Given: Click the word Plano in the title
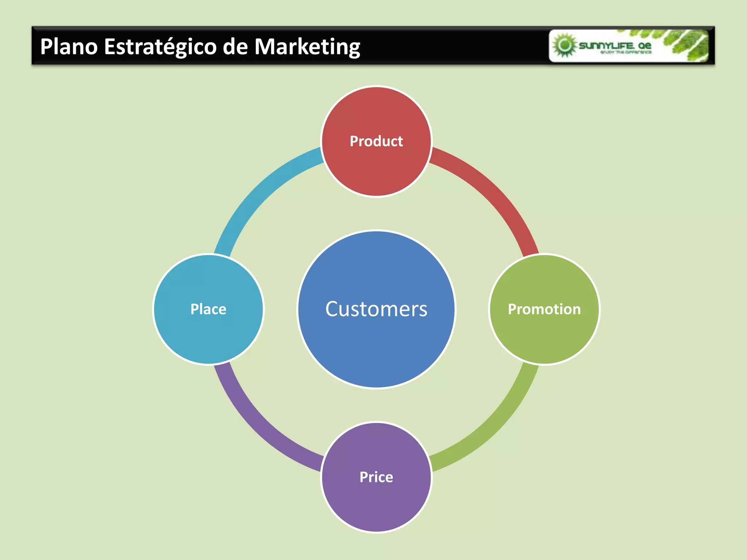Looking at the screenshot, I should tap(69, 47).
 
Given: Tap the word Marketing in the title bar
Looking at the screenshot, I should tap(307, 47).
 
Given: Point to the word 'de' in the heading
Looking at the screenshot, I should tap(235, 47).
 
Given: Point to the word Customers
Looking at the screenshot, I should tap(376, 309).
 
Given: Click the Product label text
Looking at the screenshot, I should tap(376, 141).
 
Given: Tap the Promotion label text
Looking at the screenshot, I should tap(544, 309).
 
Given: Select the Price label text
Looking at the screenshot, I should tap(376, 477).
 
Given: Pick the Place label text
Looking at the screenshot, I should tap(208, 309).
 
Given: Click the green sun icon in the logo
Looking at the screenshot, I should tap(565, 46).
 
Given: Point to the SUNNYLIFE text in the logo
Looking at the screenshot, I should tap(606, 46).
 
